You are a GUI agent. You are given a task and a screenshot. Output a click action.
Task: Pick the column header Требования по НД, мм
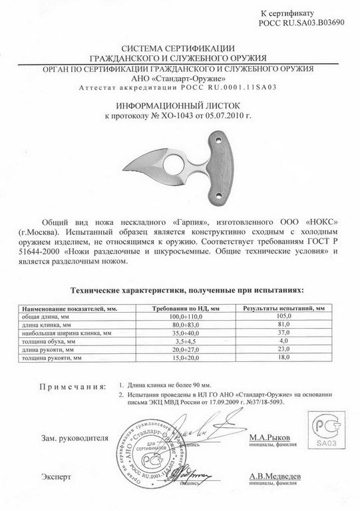(x=182, y=309)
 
